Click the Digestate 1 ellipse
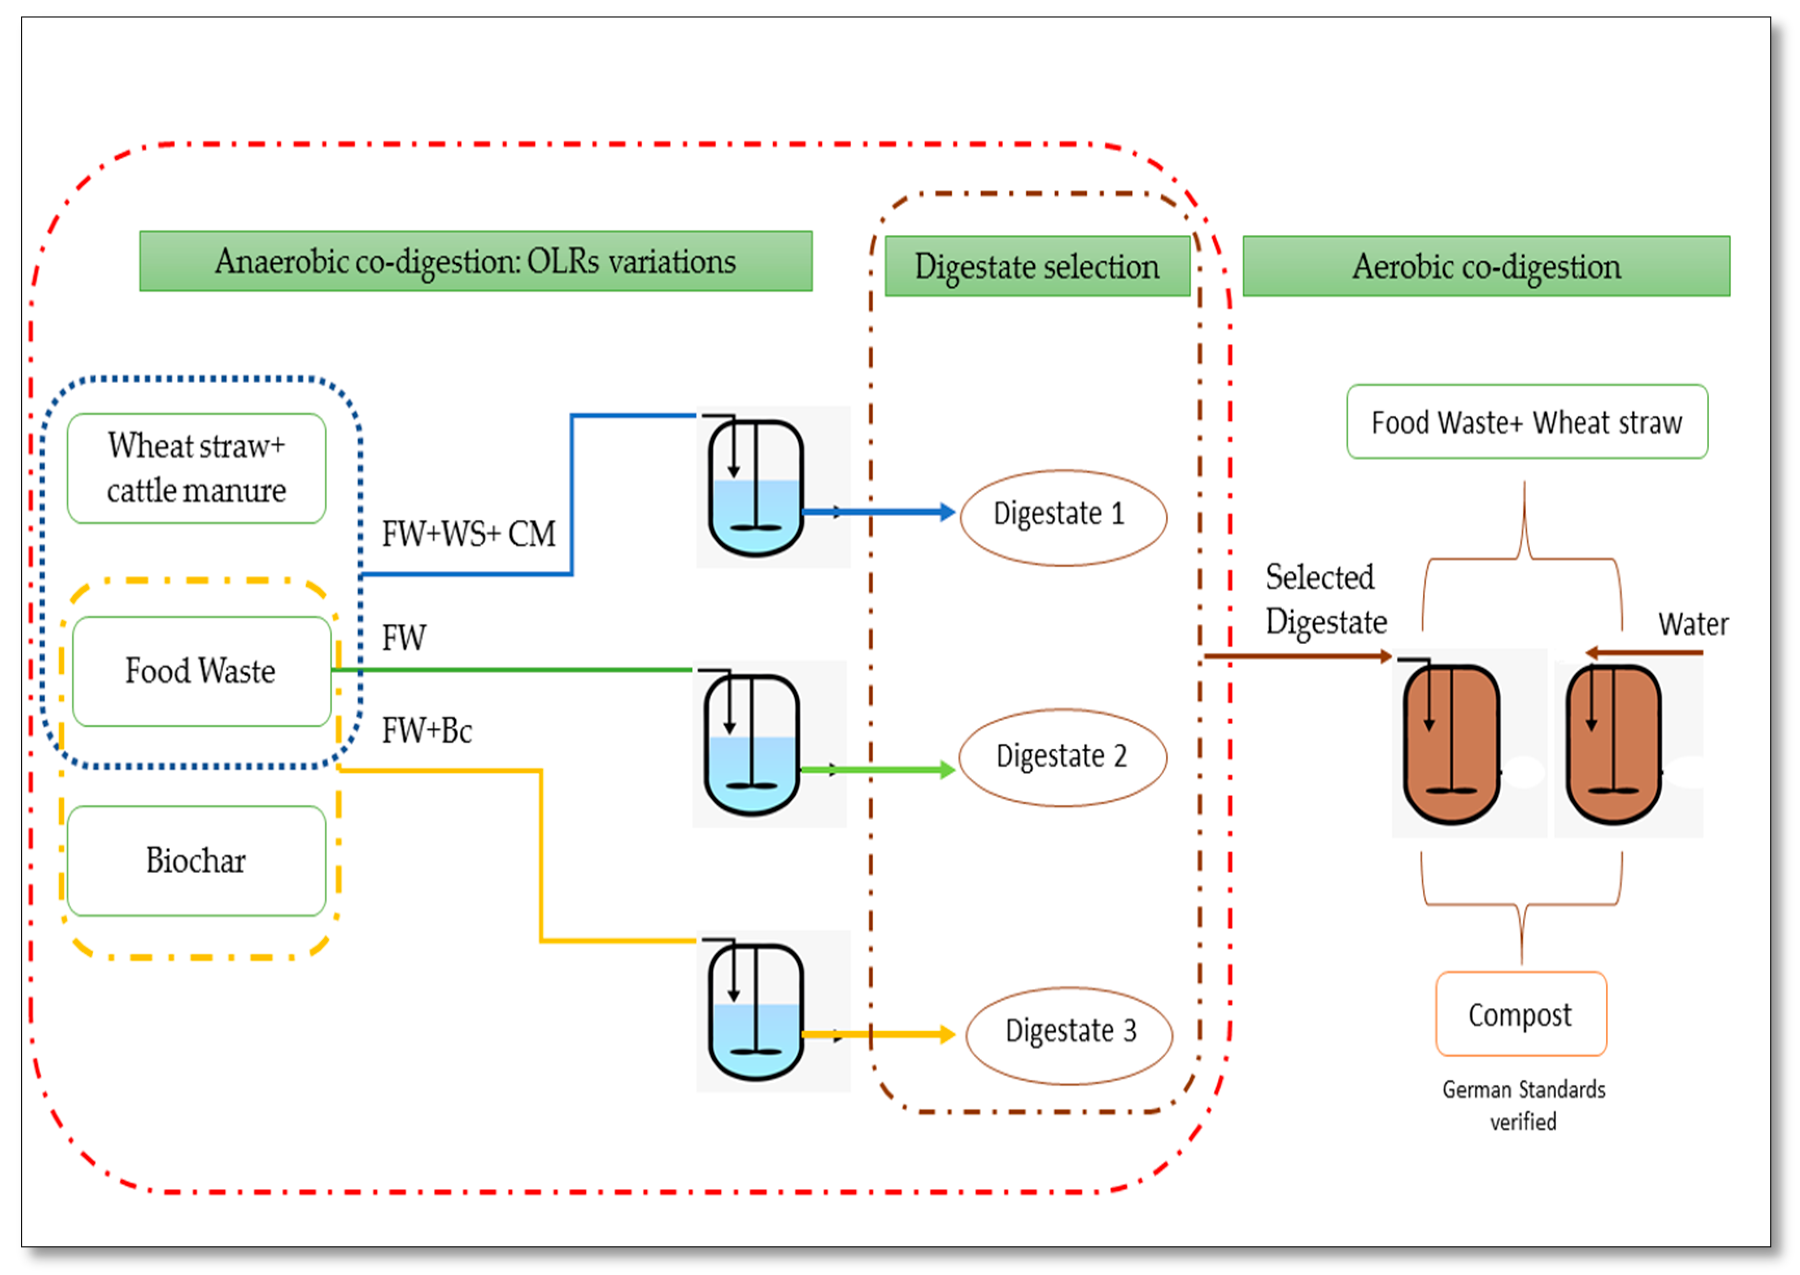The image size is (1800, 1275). (x=1063, y=517)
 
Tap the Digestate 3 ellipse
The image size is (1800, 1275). (x=1069, y=1035)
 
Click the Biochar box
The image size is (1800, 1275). (x=197, y=860)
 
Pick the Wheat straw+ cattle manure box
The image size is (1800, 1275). (x=197, y=468)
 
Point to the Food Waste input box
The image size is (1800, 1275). (x=201, y=671)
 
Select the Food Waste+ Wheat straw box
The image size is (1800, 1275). (x=1527, y=422)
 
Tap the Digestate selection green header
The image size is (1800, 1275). (x=1037, y=266)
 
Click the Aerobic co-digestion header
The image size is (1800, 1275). (x=1486, y=266)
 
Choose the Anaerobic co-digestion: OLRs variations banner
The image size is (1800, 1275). (x=475, y=260)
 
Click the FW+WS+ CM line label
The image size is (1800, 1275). (x=468, y=534)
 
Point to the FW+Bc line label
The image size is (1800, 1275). (x=426, y=730)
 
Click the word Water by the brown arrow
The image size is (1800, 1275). (x=1692, y=624)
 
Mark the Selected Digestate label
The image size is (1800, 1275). (x=1325, y=599)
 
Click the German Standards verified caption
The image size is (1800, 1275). (x=1523, y=1105)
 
